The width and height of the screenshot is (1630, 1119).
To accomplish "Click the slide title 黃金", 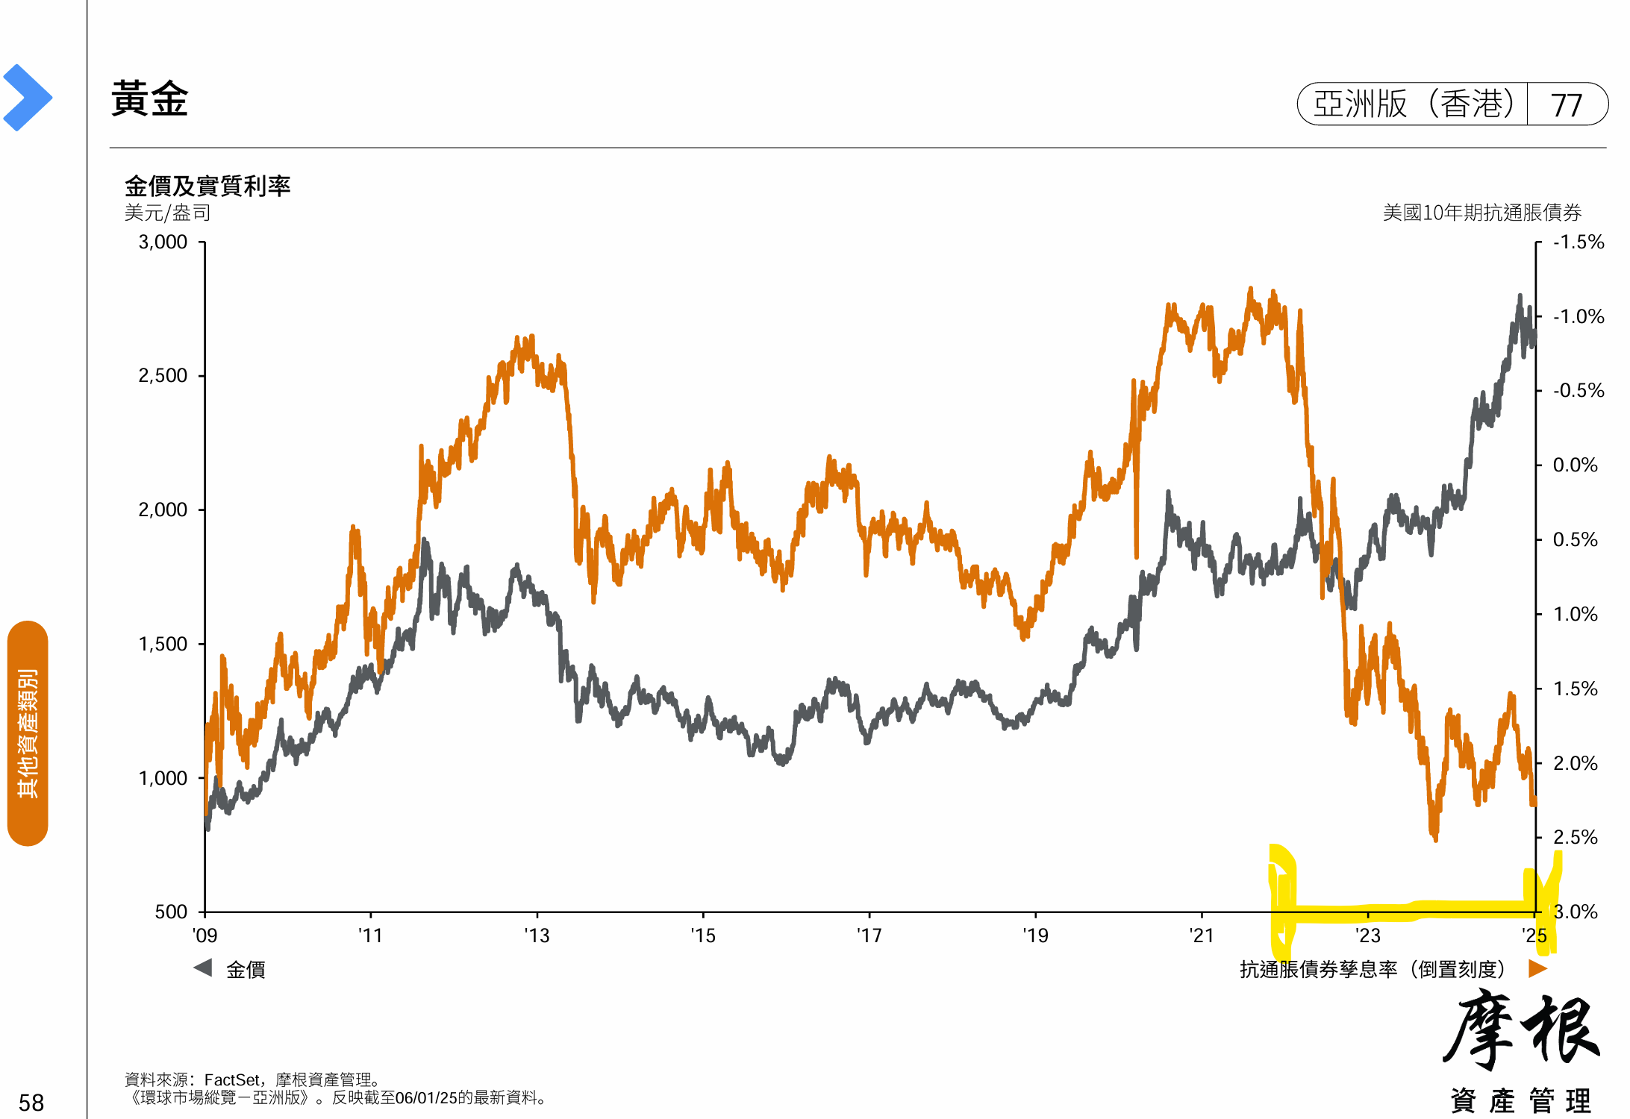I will (149, 99).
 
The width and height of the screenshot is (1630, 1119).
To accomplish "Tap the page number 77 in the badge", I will (1566, 105).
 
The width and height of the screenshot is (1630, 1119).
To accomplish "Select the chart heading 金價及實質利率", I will (207, 186).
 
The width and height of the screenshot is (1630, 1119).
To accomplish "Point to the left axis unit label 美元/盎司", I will (167, 213).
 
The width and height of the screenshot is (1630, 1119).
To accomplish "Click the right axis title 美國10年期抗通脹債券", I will (1481, 213).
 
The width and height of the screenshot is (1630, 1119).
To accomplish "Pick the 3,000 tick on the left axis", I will (163, 242).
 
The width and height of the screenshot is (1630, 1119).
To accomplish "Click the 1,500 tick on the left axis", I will (163, 644).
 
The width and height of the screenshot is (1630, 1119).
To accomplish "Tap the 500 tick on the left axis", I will (171, 912).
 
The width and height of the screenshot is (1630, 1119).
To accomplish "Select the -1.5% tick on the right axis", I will (1578, 242).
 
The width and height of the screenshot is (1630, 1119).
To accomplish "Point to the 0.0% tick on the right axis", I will (1575, 466).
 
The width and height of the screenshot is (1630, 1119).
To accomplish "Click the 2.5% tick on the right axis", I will (1575, 837).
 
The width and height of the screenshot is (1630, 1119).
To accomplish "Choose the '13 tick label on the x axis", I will (537, 935).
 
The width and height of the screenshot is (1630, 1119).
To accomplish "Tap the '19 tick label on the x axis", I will (1035, 935).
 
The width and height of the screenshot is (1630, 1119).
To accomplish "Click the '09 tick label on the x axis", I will (204, 935).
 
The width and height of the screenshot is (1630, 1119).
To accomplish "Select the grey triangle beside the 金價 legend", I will (203, 968).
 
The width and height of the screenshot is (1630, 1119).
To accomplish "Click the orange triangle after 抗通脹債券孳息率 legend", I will (1537, 968).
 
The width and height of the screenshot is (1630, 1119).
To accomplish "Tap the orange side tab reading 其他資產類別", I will (28, 733).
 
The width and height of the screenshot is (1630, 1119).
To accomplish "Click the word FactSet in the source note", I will (232, 1079).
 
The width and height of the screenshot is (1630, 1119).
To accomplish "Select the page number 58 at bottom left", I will (31, 1103).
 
